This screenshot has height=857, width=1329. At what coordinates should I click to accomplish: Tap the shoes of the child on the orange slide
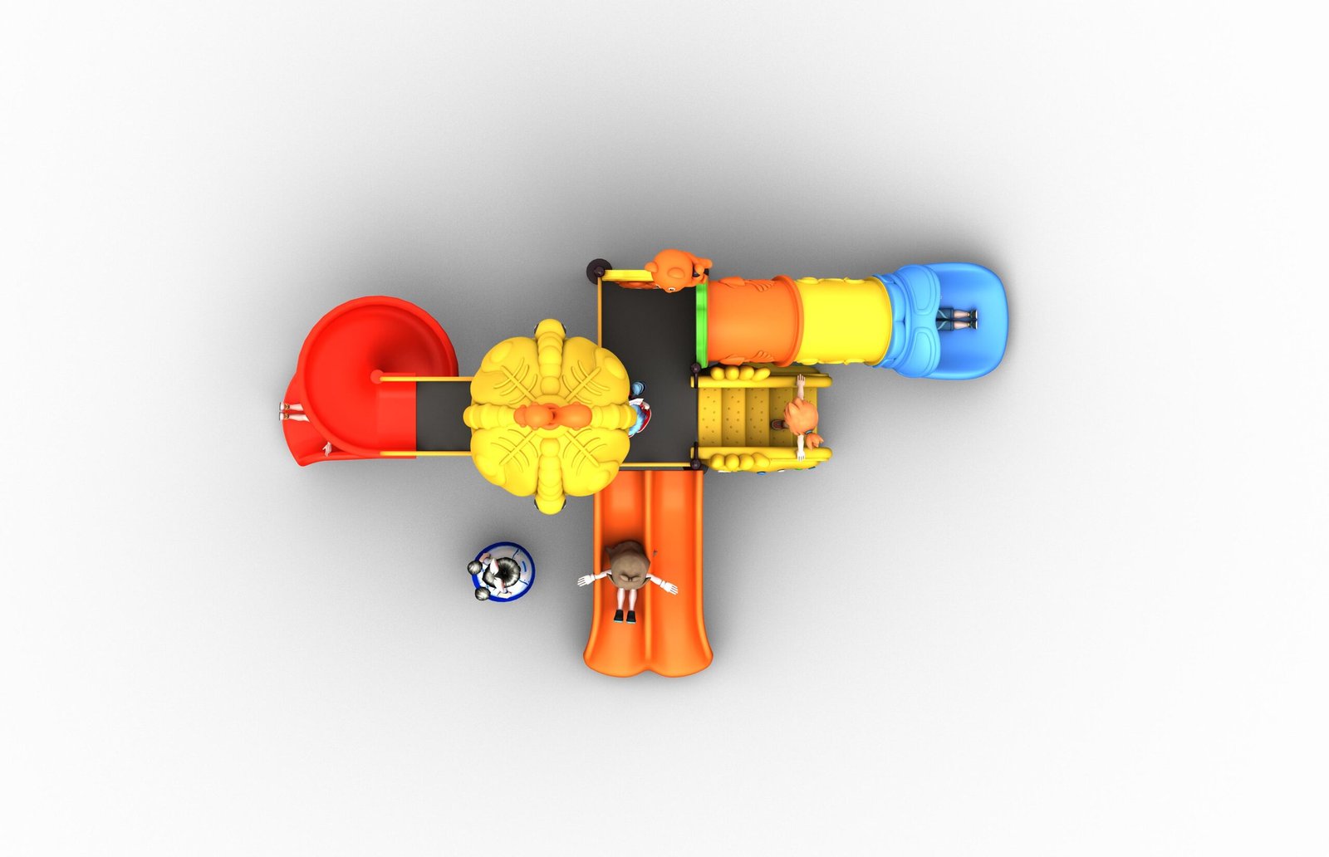tap(625, 615)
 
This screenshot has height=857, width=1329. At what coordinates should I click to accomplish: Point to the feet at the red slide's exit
tap(291, 409)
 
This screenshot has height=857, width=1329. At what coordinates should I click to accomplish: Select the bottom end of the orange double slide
tap(648, 656)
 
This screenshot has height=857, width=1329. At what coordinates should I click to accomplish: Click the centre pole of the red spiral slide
tap(376, 376)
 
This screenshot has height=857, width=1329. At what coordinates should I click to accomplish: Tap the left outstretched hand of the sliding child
tap(585, 580)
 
